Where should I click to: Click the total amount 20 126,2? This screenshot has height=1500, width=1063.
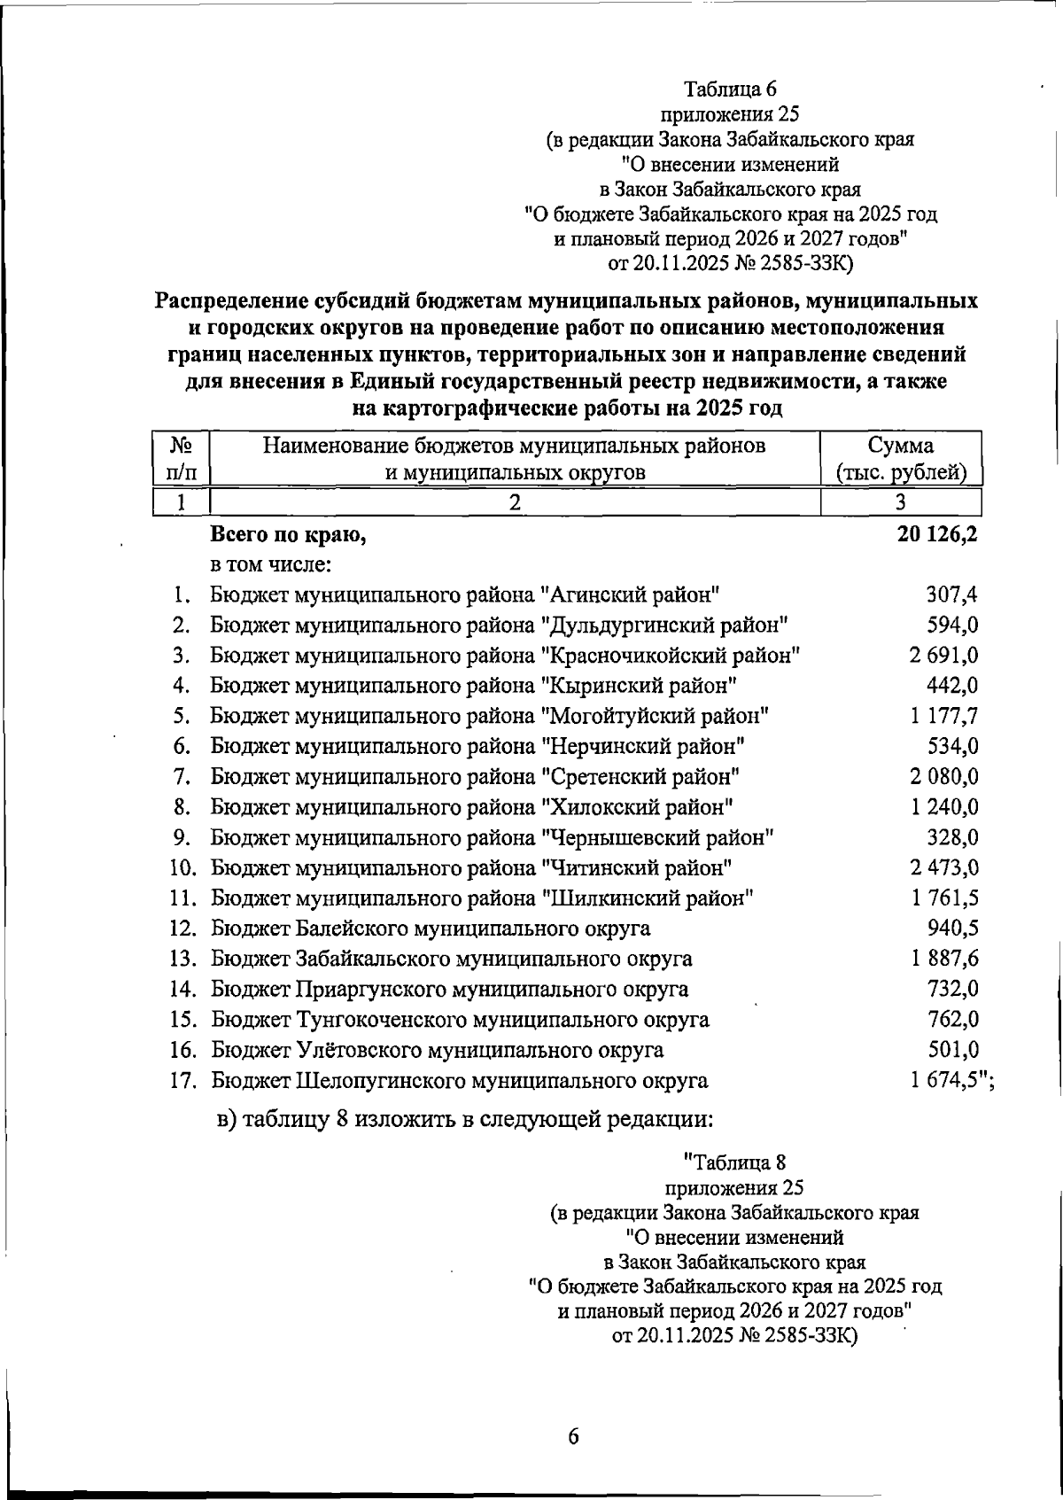click(x=936, y=534)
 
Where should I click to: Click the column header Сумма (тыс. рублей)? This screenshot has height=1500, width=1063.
click(x=900, y=458)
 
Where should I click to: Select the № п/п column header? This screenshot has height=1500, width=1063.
click(x=180, y=458)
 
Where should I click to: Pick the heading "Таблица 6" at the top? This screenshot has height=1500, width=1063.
click(x=730, y=89)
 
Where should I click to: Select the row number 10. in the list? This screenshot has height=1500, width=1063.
click(x=182, y=867)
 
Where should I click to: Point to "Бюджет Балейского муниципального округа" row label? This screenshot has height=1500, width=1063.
click(x=431, y=929)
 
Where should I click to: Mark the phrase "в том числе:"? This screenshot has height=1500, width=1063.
click(x=271, y=564)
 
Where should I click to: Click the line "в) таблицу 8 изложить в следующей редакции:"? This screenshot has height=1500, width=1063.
click(x=464, y=1118)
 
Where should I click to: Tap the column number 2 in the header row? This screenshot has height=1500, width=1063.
click(x=514, y=502)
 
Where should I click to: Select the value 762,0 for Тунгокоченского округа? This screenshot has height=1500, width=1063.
click(x=952, y=1019)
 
